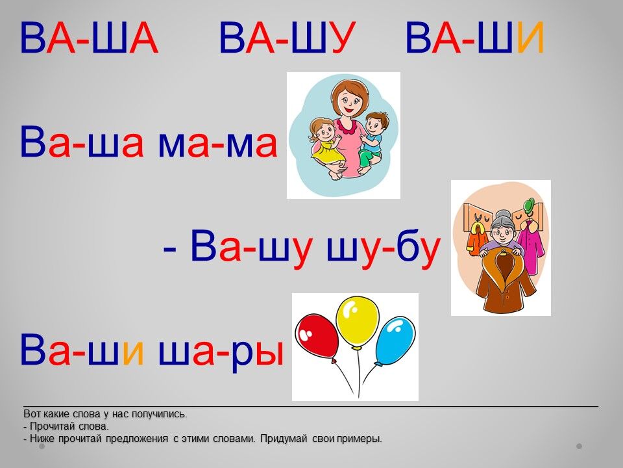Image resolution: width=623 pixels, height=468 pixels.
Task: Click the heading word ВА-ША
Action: tap(89, 38)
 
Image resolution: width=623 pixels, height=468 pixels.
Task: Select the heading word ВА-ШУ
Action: tap(287, 38)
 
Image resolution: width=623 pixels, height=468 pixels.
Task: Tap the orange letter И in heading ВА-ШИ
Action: tap(530, 38)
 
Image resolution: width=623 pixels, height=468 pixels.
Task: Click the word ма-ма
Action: tap(217, 144)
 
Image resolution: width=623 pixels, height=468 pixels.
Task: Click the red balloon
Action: tap(317, 336)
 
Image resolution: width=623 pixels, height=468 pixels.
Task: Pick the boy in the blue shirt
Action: tap(371, 141)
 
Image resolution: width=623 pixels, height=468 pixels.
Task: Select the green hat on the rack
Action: tap(530, 205)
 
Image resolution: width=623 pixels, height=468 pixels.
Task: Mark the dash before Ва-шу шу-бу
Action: tap(169, 250)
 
